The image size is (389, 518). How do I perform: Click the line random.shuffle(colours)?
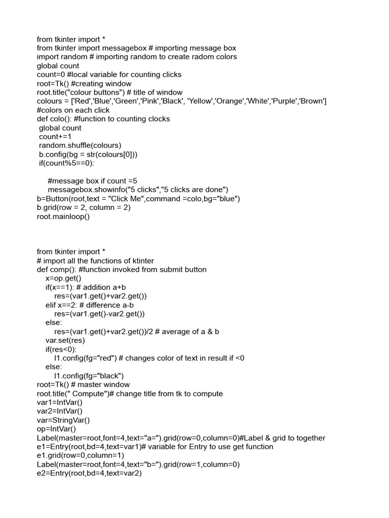pos(80,146)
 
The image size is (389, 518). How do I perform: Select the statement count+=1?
pos(55,137)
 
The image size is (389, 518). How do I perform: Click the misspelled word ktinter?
pos(141,261)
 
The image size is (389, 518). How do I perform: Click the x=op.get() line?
pos(63,279)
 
